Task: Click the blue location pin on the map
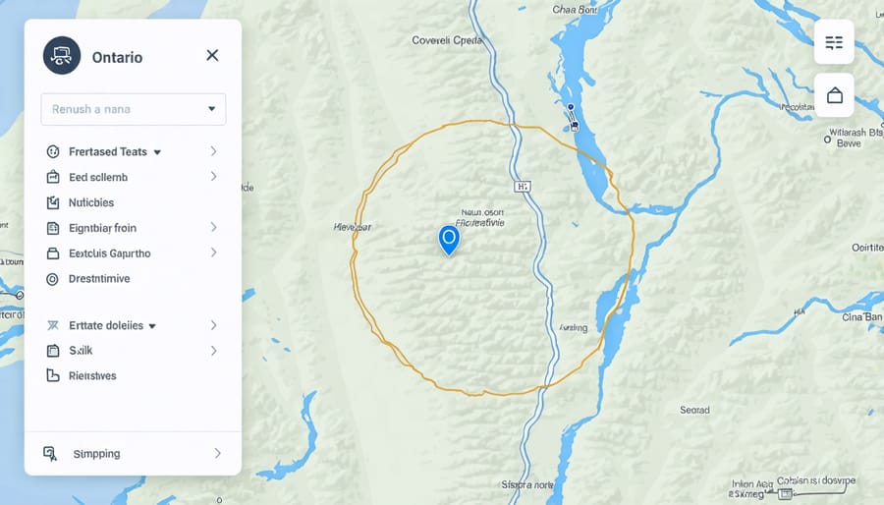tap(448, 238)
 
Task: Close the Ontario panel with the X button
tap(212, 56)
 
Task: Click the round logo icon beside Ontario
tap(61, 56)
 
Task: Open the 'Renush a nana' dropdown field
tap(133, 109)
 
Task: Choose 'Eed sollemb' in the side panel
tap(98, 178)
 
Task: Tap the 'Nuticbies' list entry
tap(91, 203)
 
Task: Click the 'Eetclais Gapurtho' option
tap(110, 253)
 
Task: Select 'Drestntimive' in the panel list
tap(99, 279)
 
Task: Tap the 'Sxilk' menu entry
tap(80, 351)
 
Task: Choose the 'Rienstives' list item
tap(92, 375)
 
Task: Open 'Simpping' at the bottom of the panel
tap(96, 454)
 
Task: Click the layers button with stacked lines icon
tap(834, 42)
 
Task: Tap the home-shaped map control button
tap(834, 95)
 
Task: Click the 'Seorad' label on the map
tap(694, 410)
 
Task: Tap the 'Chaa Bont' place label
tap(576, 11)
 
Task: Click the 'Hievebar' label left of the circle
tap(353, 227)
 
